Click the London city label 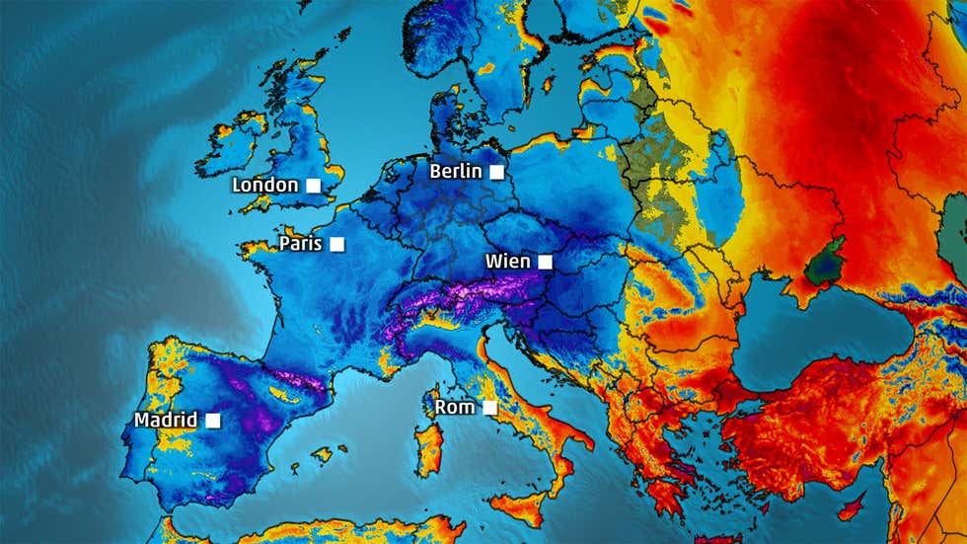pyautogui.click(x=264, y=185)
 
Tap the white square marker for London pyautogui.click(x=313, y=185)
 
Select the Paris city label pyautogui.click(x=301, y=243)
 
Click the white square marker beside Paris pyautogui.click(x=336, y=244)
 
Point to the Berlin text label pyautogui.click(x=456, y=171)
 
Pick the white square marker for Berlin pyautogui.click(x=497, y=172)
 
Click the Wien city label pyautogui.click(x=508, y=262)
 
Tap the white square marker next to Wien pyautogui.click(x=545, y=262)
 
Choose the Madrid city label pyautogui.click(x=166, y=420)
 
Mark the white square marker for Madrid pyautogui.click(x=212, y=420)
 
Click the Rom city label pyautogui.click(x=455, y=407)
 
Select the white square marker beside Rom pyautogui.click(x=489, y=407)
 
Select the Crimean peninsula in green pyautogui.click(x=825, y=264)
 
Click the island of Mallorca pyautogui.click(x=323, y=454)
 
